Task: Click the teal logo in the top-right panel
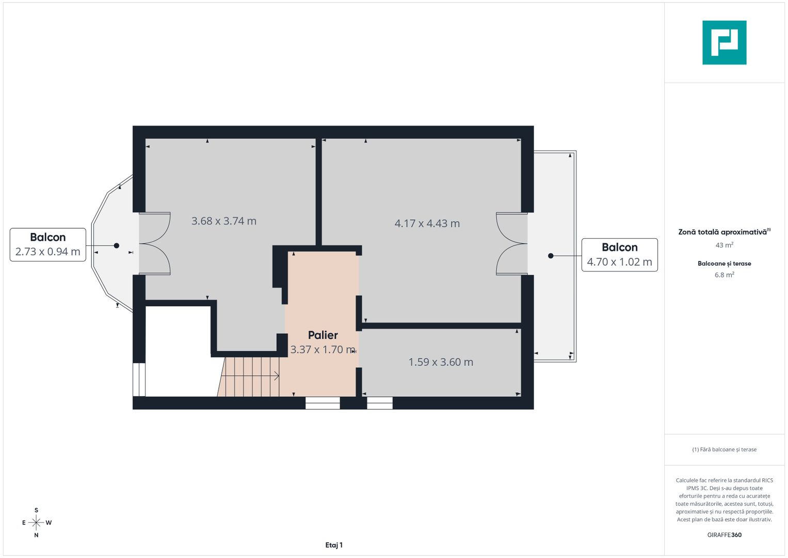coord(724,42)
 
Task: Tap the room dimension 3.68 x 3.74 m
coord(223,221)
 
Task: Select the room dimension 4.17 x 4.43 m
coord(427,224)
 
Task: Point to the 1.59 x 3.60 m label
coord(441,362)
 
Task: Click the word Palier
coord(323,335)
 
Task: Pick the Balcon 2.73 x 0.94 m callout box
coord(48,244)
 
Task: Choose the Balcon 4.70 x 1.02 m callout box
coord(619,255)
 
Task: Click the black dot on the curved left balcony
coord(117,246)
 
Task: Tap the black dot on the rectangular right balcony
coord(551,256)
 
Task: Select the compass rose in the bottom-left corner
coord(36,523)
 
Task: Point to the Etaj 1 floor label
coord(334,545)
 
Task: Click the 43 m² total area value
coord(724,245)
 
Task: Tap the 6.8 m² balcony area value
coord(724,275)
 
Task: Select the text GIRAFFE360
coord(724,535)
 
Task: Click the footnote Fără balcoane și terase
coord(724,450)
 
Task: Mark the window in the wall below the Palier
coord(323,403)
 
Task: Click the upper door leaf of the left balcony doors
coord(155,227)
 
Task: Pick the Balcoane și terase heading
coord(724,263)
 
